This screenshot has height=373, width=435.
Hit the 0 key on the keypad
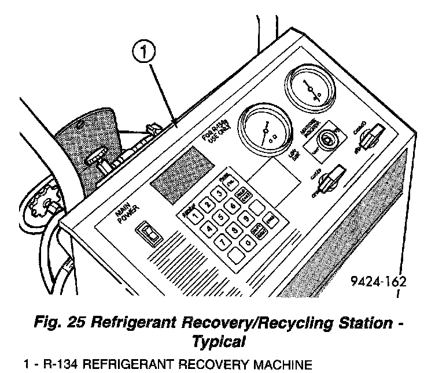[248, 244]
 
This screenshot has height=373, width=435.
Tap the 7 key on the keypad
[222, 243]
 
